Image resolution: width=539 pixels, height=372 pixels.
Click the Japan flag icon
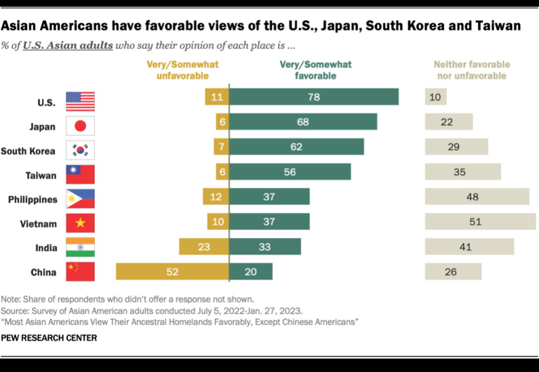(x=80, y=126)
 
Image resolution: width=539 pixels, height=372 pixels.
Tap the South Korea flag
(x=80, y=150)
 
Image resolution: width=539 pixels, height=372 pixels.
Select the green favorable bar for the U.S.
(x=314, y=97)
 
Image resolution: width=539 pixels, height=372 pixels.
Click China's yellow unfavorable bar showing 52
(x=172, y=272)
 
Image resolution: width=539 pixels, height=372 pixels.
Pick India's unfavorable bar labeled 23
(x=204, y=247)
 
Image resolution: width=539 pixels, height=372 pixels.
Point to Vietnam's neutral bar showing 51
(x=480, y=222)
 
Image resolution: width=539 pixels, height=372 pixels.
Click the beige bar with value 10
(x=435, y=97)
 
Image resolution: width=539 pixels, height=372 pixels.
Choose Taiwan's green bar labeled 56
(x=290, y=172)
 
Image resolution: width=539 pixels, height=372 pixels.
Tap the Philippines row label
(x=33, y=200)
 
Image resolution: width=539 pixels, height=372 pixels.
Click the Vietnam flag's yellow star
(x=80, y=223)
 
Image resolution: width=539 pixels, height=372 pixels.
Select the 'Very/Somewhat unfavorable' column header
(x=182, y=70)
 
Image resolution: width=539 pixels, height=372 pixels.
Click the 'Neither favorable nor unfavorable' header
(x=472, y=70)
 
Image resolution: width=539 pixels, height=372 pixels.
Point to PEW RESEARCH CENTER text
(x=49, y=338)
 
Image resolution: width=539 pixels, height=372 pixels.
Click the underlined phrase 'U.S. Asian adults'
(x=67, y=45)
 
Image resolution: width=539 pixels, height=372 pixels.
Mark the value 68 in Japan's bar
(x=303, y=122)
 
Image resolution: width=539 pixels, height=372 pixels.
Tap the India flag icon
(x=80, y=247)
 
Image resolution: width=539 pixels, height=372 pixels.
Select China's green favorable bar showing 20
(x=250, y=272)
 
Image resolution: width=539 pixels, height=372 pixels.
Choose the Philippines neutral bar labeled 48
(x=477, y=197)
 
